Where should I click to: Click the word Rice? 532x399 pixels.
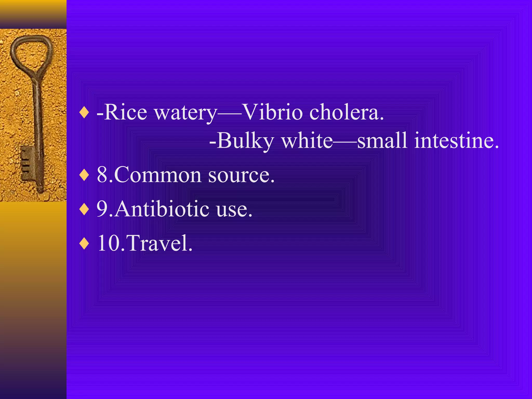pyautogui.click(x=126, y=112)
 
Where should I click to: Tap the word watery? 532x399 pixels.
pyautogui.click(x=185, y=113)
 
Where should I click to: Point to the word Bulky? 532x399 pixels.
pyautogui.click(x=245, y=141)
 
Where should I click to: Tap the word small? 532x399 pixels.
pyautogui.click(x=382, y=141)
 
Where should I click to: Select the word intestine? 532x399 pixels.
pyautogui.click(x=456, y=141)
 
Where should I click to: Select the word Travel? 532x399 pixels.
pyautogui.click(x=160, y=243)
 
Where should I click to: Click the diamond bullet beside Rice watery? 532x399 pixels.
pyautogui.click(x=84, y=113)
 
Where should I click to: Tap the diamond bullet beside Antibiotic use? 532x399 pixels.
pyautogui.click(x=84, y=209)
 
